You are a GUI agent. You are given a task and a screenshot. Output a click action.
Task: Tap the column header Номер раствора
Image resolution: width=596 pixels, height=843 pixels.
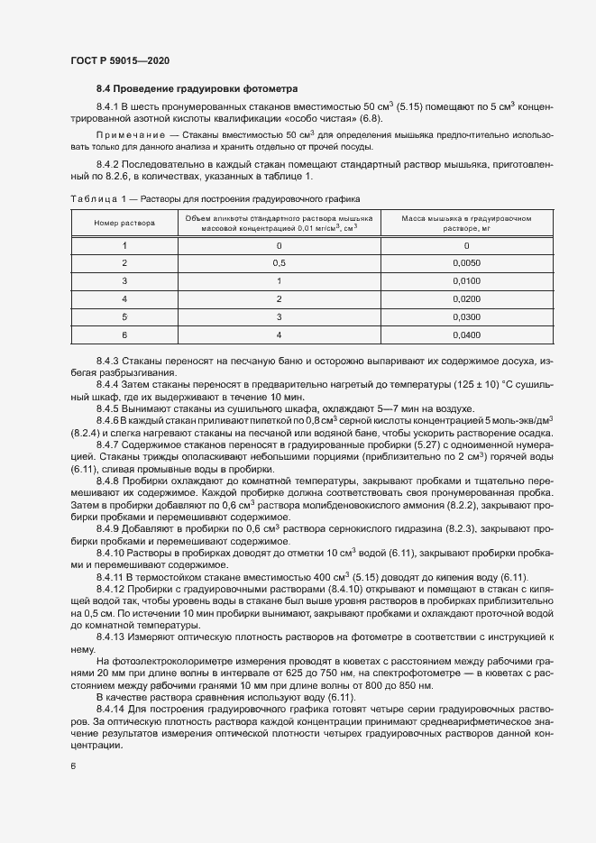click(124, 222)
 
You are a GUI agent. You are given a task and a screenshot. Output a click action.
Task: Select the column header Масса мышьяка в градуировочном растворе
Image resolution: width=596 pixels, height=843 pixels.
click(467, 223)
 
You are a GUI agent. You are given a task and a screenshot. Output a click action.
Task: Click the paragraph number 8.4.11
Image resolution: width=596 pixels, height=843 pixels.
click(112, 576)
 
